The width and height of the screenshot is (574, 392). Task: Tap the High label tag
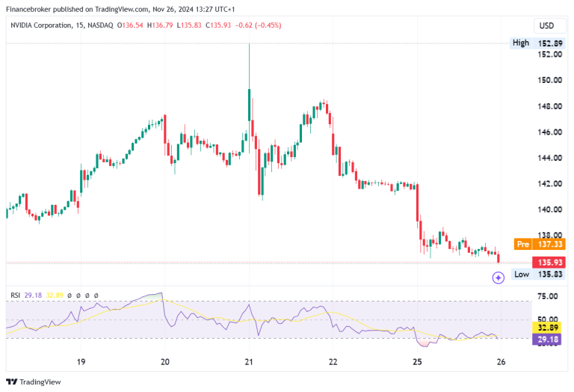tap(520, 43)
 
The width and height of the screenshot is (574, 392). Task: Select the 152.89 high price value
tap(549, 43)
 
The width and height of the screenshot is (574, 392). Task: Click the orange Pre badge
tap(522, 245)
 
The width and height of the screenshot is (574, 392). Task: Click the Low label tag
tap(521, 275)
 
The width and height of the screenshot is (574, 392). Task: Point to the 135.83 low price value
tap(549, 275)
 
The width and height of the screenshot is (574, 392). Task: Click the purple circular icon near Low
tap(498, 278)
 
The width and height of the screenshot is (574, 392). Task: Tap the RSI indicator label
tap(14, 295)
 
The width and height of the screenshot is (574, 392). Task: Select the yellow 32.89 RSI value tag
tap(549, 327)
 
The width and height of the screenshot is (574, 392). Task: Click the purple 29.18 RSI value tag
tap(549, 339)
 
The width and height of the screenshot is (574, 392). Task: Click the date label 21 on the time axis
tap(250, 361)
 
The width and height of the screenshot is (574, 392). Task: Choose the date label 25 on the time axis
tap(417, 361)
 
